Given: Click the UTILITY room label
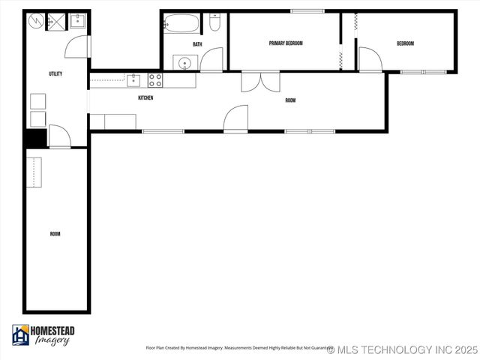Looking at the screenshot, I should [x=55, y=74].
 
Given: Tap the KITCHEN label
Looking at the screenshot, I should [x=145, y=98].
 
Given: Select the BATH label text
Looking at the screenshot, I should [x=197, y=45].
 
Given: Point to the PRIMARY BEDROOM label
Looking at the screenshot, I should [x=286, y=43].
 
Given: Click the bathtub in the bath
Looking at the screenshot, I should [x=182, y=24].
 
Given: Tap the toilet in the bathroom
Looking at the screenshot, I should [x=214, y=23].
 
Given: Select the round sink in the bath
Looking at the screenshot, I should [x=184, y=62].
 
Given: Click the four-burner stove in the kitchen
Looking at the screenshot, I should [x=155, y=79].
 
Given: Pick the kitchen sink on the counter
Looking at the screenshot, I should [x=133, y=79].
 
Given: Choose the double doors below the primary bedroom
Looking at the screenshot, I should [x=260, y=81].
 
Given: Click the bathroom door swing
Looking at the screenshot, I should [x=211, y=60].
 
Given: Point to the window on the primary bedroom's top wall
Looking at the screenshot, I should [x=307, y=11].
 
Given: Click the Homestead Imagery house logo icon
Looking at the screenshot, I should [x=21, y=334].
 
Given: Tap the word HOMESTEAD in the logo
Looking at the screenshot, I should [x=53, y=330].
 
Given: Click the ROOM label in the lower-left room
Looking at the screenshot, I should [x=55, y=234].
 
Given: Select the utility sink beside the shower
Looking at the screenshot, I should [x=78, y=21].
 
